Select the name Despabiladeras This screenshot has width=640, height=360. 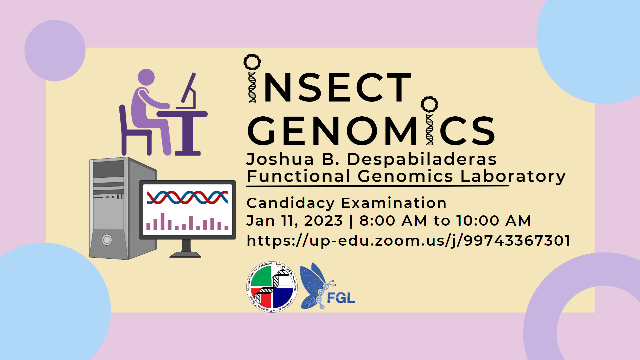422,159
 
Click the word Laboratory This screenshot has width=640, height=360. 513,177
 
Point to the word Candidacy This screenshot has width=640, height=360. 290,203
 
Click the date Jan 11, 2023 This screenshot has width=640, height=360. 295,221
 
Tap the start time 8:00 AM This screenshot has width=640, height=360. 393,221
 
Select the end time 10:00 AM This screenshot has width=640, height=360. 494,221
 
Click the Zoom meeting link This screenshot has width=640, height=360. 408,241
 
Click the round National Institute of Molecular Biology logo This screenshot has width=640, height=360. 272,287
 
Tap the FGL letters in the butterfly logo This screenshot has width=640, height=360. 341,298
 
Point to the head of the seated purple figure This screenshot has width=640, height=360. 146,77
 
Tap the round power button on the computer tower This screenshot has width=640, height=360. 107,240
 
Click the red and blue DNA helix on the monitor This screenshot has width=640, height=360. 187,197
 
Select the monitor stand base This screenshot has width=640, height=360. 185,255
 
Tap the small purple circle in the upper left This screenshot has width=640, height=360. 55,50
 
